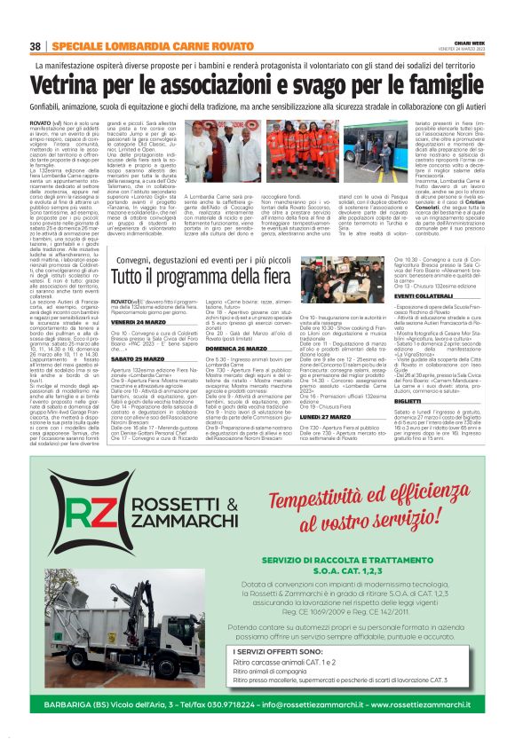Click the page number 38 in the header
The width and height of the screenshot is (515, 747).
(35, 46)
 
